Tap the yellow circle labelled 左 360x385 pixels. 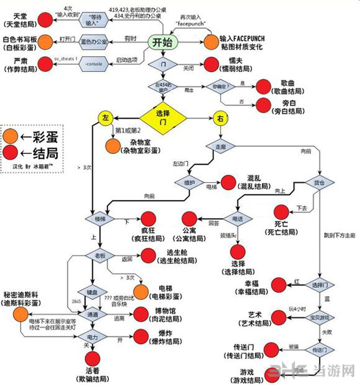click(x=106, y=117)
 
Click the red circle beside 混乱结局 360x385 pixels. click(x=236, y=182)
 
